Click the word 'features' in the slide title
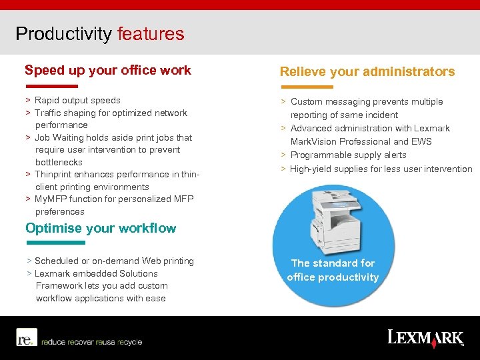(x=150, y=34)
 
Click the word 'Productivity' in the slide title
(x=63, y=34)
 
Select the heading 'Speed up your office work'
(x=108, y=70)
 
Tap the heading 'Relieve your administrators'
(x=367, y=71)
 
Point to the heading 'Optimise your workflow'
(x=101, y=228)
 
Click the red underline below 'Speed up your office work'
(x=52, y=86)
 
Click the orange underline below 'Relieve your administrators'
(x=307, y=87)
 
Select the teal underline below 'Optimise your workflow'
(x=55, y=243)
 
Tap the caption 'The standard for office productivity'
(x=333, y=270)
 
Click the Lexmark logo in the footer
(x=425, y=337)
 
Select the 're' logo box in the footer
(x=25, y=338)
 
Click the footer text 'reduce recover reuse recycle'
(x=91, y=342)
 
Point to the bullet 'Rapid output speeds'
(x=77, y=101)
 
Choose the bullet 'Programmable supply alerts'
(x=348, y=155)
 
